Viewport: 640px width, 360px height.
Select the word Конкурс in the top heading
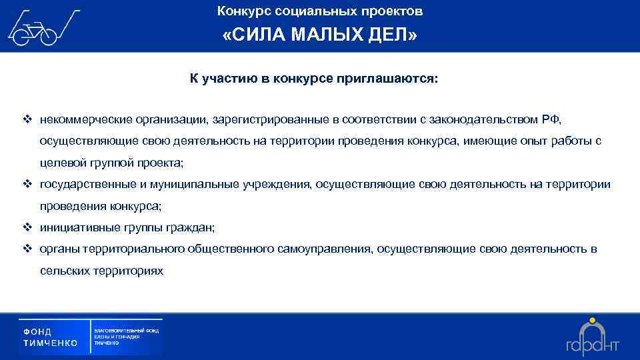click(x=241, y=11)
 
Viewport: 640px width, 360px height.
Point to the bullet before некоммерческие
click(x=27, y=119)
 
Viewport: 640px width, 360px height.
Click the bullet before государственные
click(x=27, y=184)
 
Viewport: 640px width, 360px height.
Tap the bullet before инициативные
click(x=27, y=227)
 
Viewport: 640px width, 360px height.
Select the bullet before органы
click(x=27, y=249)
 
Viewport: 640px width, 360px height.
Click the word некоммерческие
click(x=84, y=119)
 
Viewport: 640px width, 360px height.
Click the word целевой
click(x=60, y=163)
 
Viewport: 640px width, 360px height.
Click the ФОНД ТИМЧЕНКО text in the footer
click(x=51, y=337)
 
